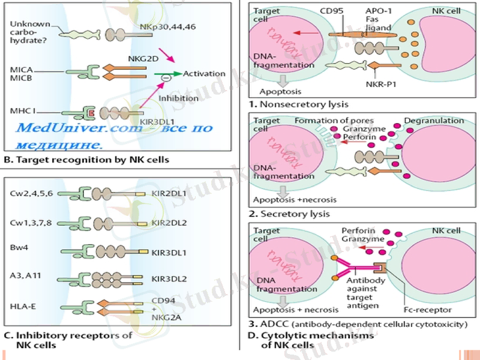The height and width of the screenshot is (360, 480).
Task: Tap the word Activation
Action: (x=204, y=74)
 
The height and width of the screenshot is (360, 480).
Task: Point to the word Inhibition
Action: (x=178, y=98)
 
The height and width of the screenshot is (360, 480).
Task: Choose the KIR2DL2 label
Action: (x=169, y=223)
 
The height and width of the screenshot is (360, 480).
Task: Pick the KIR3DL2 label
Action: (x=169, y=279)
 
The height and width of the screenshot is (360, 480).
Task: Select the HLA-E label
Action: (x=23, y=307)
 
